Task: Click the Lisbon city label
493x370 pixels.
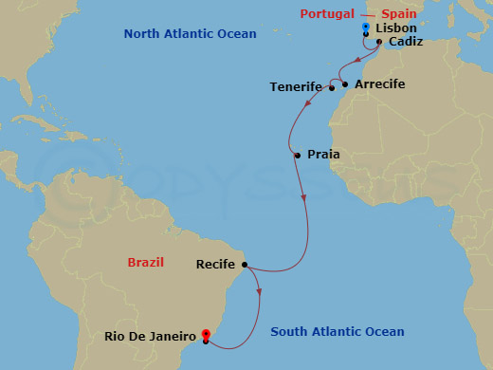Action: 396,28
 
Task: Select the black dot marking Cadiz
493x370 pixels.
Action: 379,42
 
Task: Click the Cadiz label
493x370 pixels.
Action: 405,42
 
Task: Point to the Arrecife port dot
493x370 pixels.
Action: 345,84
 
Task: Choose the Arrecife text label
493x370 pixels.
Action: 379,84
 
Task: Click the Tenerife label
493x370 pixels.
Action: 296,86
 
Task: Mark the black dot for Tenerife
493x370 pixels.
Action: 332,88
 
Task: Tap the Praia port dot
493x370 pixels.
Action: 298,155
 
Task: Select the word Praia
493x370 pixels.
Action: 323,155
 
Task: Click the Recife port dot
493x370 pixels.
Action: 245,265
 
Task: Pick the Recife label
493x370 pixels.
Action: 215,265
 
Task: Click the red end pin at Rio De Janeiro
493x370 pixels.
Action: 206,335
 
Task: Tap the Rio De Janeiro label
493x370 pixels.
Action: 152,336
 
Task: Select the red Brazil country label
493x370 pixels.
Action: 150,261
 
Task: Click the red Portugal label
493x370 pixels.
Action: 327,13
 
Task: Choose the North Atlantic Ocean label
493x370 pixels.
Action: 190,34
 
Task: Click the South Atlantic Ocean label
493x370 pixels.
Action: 338,332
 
